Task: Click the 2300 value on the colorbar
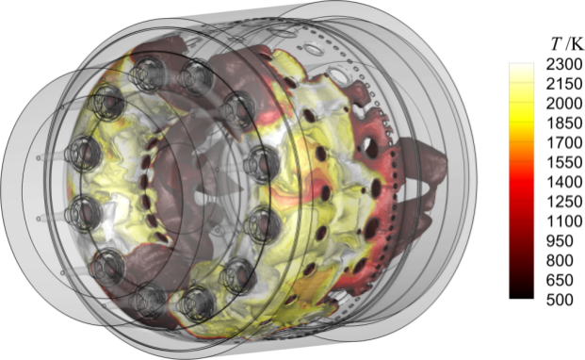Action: (564, 64)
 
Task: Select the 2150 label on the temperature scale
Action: (564, 84)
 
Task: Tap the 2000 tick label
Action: (564, 104)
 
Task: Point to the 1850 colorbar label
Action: (564, 123)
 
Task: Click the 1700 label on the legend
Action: (564, 143)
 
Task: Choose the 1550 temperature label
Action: (564, 163)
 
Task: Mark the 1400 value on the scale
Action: (564, 183)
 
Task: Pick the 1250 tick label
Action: (564, 203)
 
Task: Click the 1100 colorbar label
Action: (564, 221)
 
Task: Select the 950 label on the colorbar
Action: (560, 241)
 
